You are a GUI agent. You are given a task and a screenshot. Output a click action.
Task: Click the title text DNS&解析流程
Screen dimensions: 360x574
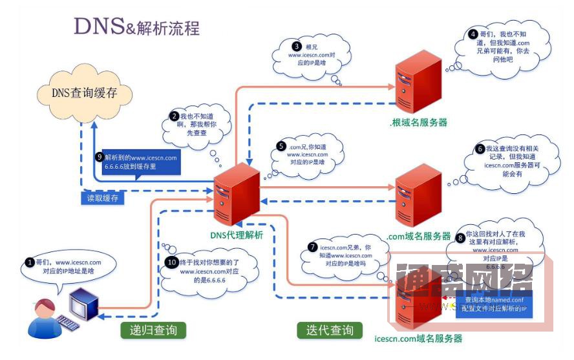click(x=136, y=26)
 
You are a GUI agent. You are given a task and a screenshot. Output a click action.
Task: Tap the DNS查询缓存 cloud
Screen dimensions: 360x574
click(x=85, y=93)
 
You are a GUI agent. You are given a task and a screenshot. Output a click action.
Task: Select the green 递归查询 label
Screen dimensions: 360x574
click(x=153, y=331)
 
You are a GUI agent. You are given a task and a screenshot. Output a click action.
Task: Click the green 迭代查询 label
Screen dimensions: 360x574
click(x=330, y=331)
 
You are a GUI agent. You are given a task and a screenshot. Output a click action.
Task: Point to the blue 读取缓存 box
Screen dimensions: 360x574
click(x=103, y=198)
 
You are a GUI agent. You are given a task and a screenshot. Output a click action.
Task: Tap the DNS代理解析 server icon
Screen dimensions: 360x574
click(x=237, y=194)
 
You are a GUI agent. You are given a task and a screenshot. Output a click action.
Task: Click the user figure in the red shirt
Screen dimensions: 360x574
click(x=43, y=317)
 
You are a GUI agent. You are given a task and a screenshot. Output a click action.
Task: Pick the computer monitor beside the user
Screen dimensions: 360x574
click(x=85, y=303)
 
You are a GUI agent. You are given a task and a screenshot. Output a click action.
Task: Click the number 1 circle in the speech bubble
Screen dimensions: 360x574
click(x=29, y=263)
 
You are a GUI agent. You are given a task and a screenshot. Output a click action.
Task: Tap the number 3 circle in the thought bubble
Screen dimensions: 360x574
click(x=297, y=47)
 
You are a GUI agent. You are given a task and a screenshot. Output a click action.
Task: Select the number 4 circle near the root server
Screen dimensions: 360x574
click(x=473, y=34)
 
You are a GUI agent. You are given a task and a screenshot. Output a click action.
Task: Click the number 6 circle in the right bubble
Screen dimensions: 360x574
click(x=480, y=149)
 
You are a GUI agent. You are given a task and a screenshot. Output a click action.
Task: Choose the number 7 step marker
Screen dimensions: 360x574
click(x=313, y=248)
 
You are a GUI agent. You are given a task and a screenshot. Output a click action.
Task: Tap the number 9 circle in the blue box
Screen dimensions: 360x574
click(x=99, y=156)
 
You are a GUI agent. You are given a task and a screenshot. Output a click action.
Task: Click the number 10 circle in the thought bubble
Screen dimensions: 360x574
click(x=171, y=263)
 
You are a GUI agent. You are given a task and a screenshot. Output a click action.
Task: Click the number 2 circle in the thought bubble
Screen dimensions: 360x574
click(x=174, y=116)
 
